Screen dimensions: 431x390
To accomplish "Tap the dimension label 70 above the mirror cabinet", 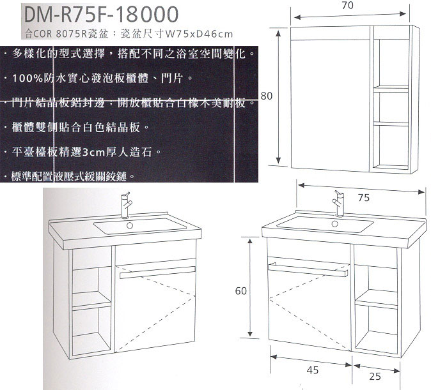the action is [347, 5].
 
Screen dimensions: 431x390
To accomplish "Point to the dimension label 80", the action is [267, 96].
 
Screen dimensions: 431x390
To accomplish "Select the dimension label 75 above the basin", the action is [364, 198].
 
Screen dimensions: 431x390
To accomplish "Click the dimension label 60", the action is [241, 291].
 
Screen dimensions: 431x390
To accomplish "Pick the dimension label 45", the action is [313, 370].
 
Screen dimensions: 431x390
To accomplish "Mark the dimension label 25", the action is [375, 377].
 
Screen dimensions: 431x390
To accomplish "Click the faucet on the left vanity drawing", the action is [126, 205].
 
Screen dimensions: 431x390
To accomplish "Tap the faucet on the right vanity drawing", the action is [339, 203].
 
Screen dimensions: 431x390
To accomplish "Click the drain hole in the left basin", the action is [129, 225].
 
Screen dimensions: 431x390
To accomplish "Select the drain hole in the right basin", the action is [334, 224].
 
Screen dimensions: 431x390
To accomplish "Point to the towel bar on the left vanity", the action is [157, 273].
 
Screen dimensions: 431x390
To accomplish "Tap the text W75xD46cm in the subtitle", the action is [199, 34].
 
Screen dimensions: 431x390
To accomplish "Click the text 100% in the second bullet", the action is [27, 79].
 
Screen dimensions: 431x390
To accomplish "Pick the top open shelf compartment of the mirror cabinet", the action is [391, 62].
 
